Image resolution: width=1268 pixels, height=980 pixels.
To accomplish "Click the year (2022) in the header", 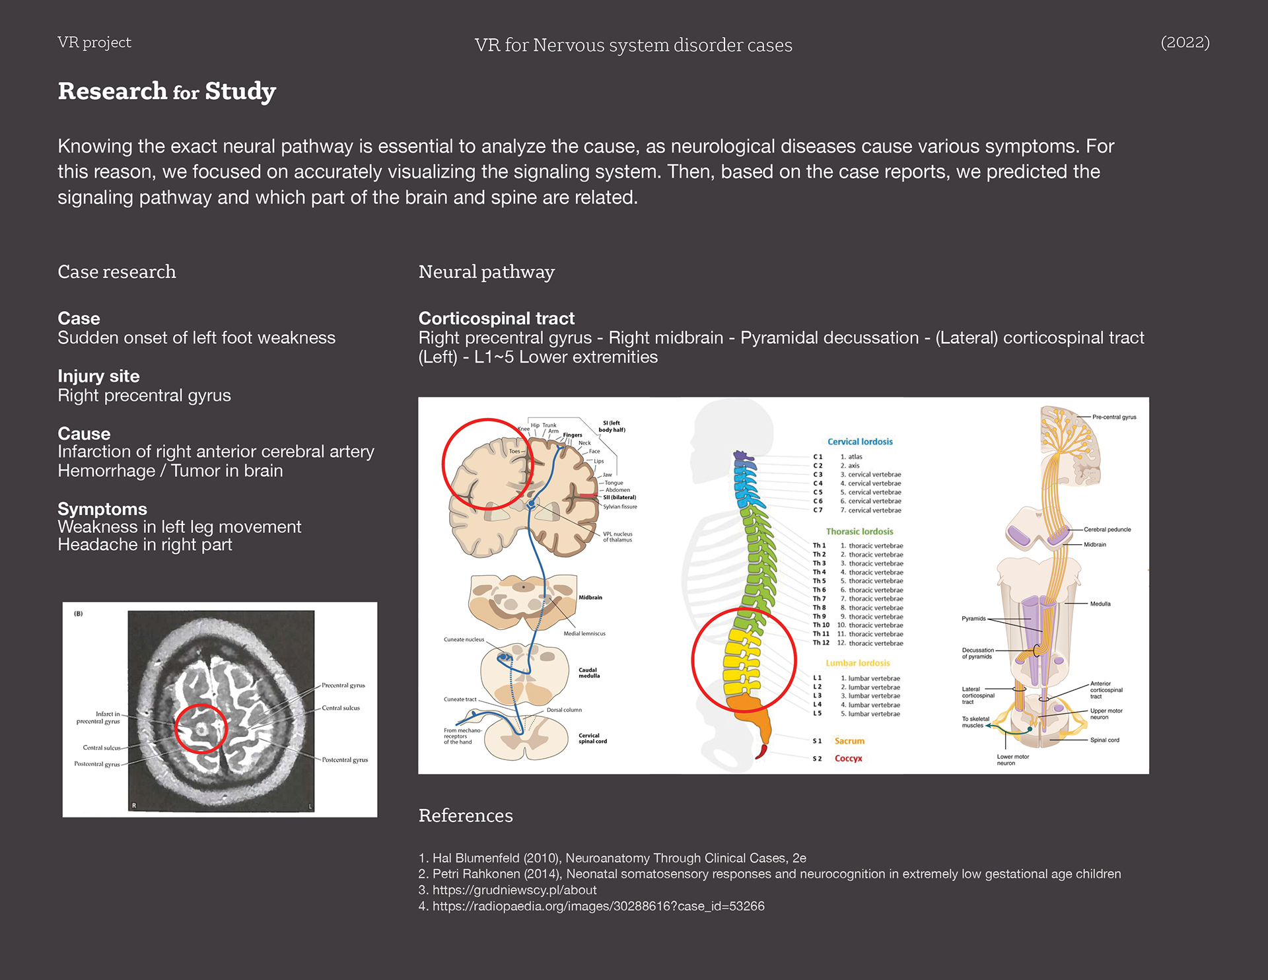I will coord(1185,42).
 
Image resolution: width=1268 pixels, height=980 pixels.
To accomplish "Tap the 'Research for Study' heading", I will coord(166,91).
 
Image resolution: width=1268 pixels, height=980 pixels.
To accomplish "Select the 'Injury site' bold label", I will coord(98,376).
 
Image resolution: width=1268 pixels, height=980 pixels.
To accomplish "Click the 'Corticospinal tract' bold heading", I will coord(496,318).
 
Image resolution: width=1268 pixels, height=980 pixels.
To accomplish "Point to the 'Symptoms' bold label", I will coord(102,509).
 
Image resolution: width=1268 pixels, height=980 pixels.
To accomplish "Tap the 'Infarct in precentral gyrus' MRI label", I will coord(98,718).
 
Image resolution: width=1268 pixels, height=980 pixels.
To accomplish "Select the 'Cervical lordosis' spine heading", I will coord(860,442).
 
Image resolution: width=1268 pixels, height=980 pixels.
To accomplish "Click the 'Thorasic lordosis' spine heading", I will coord(859,532).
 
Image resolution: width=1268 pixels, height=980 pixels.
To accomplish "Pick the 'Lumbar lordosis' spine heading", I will coord(857,663).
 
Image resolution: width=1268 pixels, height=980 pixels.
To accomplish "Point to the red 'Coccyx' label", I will coord(848,759).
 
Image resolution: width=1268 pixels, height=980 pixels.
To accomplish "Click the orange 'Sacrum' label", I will coord(849,741).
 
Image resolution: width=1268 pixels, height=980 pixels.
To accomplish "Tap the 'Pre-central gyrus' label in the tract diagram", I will coord(1114,417).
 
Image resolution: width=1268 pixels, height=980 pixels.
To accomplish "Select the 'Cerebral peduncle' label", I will coord(1107,530).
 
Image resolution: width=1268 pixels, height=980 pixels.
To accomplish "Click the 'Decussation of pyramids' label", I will coord(977,653).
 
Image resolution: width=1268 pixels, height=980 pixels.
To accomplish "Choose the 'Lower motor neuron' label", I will coord(1012,760).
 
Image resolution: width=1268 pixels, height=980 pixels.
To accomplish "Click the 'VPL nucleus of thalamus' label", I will coord(617,537).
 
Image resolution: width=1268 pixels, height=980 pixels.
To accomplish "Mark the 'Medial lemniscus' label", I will coord(584,634).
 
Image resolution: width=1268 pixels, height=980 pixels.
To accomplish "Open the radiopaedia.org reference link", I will coord(598,906).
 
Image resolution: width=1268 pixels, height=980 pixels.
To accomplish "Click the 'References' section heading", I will coord(465,816).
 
